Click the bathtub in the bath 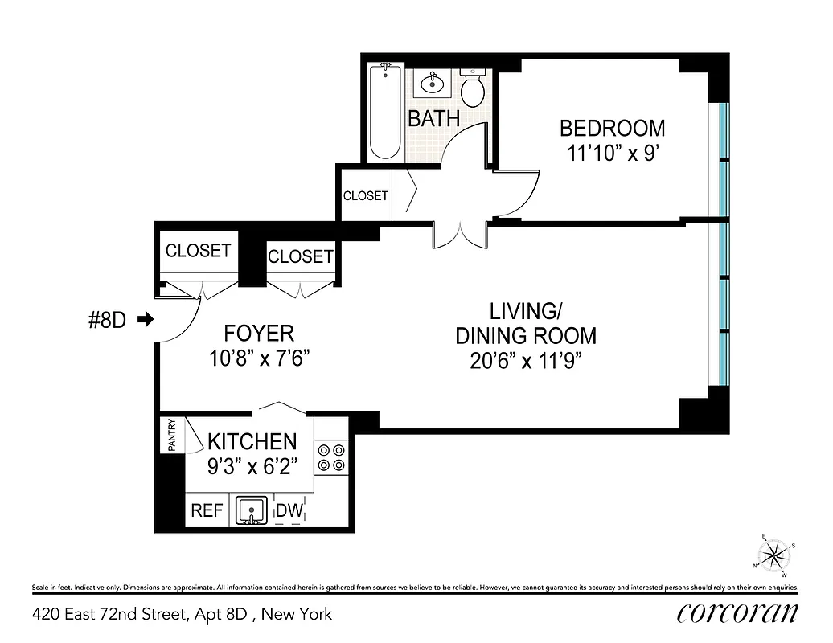384,113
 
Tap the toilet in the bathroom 473,88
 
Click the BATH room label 434,119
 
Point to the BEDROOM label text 612,128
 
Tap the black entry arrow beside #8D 146,320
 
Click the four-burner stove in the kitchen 330,457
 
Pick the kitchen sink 254,510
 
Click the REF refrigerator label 207,510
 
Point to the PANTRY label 171,436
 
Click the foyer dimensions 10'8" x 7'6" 259,357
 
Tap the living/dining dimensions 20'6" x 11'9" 526,361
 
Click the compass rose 774,555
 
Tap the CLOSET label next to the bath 366,195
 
